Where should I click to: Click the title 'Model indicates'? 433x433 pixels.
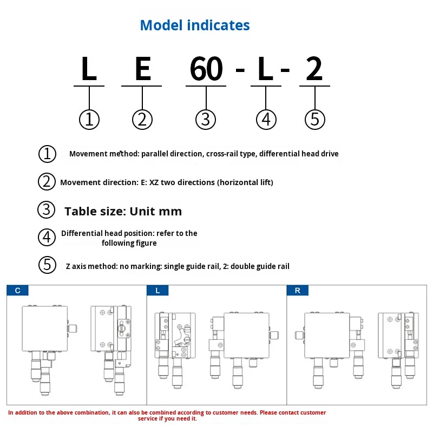coord(195,25)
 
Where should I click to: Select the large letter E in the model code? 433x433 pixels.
coord(142,69)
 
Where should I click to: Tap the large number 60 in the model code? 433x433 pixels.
coord(206,69)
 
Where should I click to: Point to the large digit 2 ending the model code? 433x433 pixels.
coord(314,69)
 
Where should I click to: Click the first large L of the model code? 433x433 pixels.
coord(89,69)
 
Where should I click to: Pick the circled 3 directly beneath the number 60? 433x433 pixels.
coord(205,119)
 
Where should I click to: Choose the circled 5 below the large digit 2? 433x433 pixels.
coord(315,119)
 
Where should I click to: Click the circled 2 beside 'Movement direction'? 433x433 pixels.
coord(47,182)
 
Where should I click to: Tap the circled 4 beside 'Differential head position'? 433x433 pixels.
coord(47,237)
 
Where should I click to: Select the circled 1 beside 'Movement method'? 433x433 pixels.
coord(47,154)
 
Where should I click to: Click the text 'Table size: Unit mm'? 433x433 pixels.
coord(123,211)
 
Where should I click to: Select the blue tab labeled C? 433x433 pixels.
coord(18,291)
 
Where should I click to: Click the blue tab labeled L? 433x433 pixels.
coord(158,291)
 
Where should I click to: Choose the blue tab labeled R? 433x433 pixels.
coord(298,291)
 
